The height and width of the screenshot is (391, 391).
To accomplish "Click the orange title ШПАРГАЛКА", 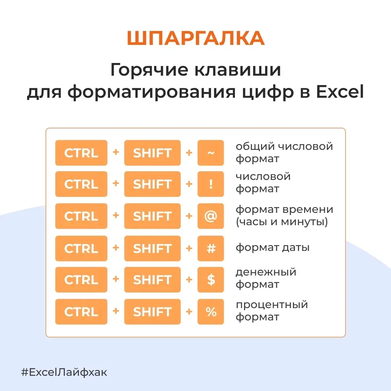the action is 196,38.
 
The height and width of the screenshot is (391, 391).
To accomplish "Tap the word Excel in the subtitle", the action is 340,92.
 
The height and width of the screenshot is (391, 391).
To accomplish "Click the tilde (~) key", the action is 211,153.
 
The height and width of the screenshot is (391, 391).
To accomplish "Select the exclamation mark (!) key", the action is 211,184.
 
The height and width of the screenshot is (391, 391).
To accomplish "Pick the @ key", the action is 211,216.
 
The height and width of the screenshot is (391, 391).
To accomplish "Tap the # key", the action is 211,248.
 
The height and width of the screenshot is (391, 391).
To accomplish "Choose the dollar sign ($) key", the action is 211,279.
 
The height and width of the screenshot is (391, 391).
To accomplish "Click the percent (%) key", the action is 211,312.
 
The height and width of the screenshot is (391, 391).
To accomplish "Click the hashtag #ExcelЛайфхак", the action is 64,372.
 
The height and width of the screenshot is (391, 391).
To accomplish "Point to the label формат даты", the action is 273,248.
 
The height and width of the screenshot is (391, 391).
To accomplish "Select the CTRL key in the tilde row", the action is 81,153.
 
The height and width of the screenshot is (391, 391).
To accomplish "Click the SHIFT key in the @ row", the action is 152,216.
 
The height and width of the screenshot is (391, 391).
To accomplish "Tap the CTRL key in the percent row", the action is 81,312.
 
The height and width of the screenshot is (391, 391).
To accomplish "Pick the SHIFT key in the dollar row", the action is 152,279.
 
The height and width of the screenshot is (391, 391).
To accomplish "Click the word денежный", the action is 266,272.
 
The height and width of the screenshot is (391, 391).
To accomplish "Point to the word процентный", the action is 272,305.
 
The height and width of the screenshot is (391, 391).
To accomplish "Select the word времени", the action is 309,210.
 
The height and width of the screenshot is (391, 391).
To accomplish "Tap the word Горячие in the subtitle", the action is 149,70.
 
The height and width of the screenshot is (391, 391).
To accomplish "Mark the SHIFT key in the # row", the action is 152,248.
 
